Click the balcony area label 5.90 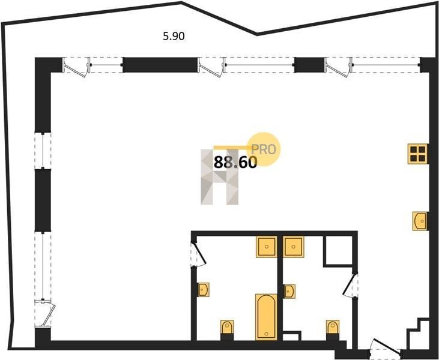pyautogui.click(x=174, y=37)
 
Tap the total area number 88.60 pyautogui.click(x=235, y=163)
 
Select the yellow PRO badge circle pyautogui.click(x=264, y=149)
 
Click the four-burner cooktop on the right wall pyautogui.click(x=418, y=154)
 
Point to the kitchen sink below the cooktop pyautogui.click(x=420, y=221)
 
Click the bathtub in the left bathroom pyautogui.click(x=266, y=317)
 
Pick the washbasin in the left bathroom pyautogui.click(x=204, y=290)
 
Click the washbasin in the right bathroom pyautogui.click(x=289, y=292)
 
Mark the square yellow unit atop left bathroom pyautogui.click(x=267, y=247)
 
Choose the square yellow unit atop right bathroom pyautogui.click(x=294, y=247)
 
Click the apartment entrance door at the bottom pyautogui.click(x=385, y=348)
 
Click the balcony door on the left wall pyautogui.click(x=45, y=313)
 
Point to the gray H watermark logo pyautogui.click(x=220, y=177)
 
